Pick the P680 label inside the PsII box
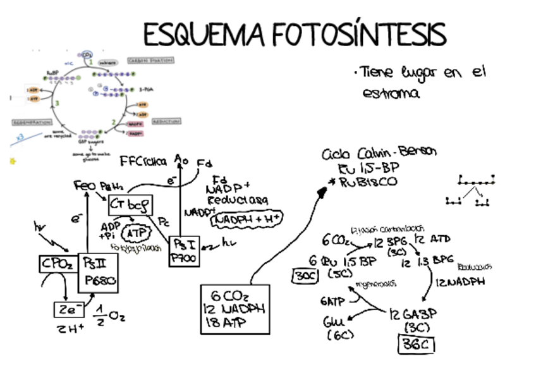[x=100, y=281]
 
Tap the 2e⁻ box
[x=68, y=310]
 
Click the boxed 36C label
[x=416, y=344]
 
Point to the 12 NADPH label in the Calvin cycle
[x=460, y=282]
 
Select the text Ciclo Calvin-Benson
[x=379, y=154]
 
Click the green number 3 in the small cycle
[x=57, y=103]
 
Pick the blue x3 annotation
[x=20, y=137]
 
